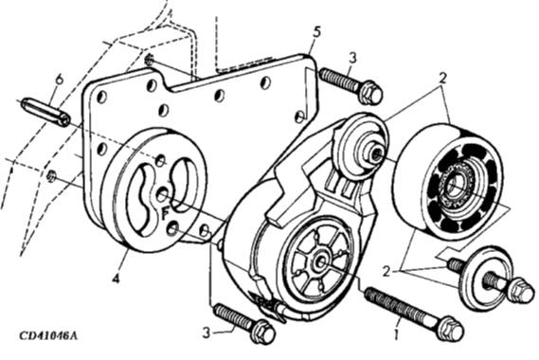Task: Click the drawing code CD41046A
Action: [x=48, y=335]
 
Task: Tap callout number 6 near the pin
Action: [x=60, y=80]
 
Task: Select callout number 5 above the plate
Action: [x=316, y=32]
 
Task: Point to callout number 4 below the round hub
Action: [x=117, y=278]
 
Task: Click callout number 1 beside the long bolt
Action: [x=396, y=333]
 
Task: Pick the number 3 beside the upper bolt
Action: [x=352, y=58]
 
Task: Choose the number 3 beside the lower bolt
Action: [x=207, y=333]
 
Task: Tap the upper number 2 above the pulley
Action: [x=443, y=79]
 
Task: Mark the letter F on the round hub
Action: [x=166, y=214]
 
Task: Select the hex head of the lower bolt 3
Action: [x=263, y=332]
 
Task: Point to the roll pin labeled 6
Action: [x=45, y=112]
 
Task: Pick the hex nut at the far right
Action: [x=522, y=290]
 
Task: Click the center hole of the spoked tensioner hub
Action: [x=320, y=261]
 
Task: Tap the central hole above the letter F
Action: [x=162, y=195]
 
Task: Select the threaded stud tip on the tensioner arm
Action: [x=377, y=152]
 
